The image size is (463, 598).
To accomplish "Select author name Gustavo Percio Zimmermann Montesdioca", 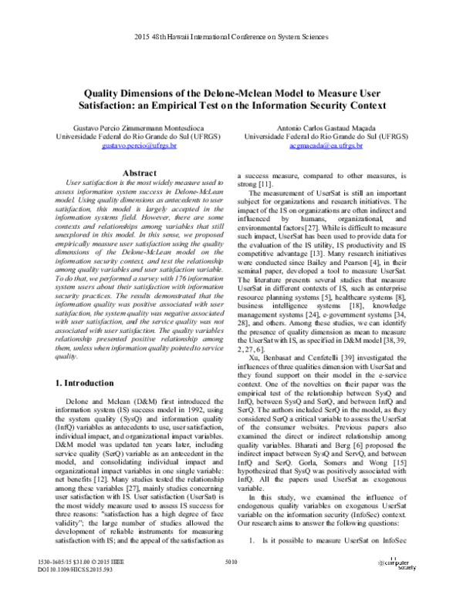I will (x=126, y=126).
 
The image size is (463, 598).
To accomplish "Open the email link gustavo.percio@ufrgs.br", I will (x=126, y=144).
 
